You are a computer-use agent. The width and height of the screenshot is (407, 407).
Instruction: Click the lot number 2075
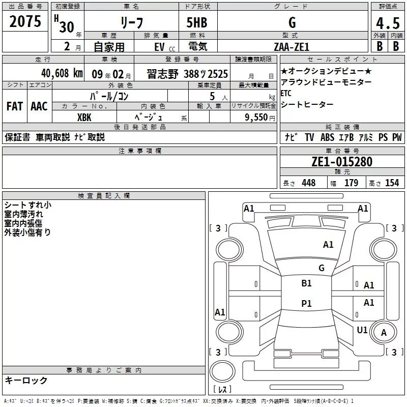[x=25, y=22]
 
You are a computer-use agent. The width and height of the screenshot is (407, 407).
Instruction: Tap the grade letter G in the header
[x=292, y=22]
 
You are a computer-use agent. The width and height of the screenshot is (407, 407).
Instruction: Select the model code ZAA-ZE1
[x=292, y=46]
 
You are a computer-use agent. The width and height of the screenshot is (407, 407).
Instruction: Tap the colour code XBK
[x=84, y=117]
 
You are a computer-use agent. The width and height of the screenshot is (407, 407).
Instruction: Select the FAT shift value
[x=14, y=106]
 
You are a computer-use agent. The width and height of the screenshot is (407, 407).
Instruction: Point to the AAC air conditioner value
[x=39, y=106]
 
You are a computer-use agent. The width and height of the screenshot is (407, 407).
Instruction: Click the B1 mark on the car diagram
[x=306, y=283]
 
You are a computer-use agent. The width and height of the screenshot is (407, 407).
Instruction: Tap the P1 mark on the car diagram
[x=306, y=304]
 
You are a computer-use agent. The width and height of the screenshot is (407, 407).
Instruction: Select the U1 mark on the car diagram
[x=362, y=330]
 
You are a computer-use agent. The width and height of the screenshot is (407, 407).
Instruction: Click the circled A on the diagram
[x=384, y=332]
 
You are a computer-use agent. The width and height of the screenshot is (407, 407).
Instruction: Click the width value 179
[x=351, y=183]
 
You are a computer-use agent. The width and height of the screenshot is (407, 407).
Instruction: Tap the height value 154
[x=392, y=183]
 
